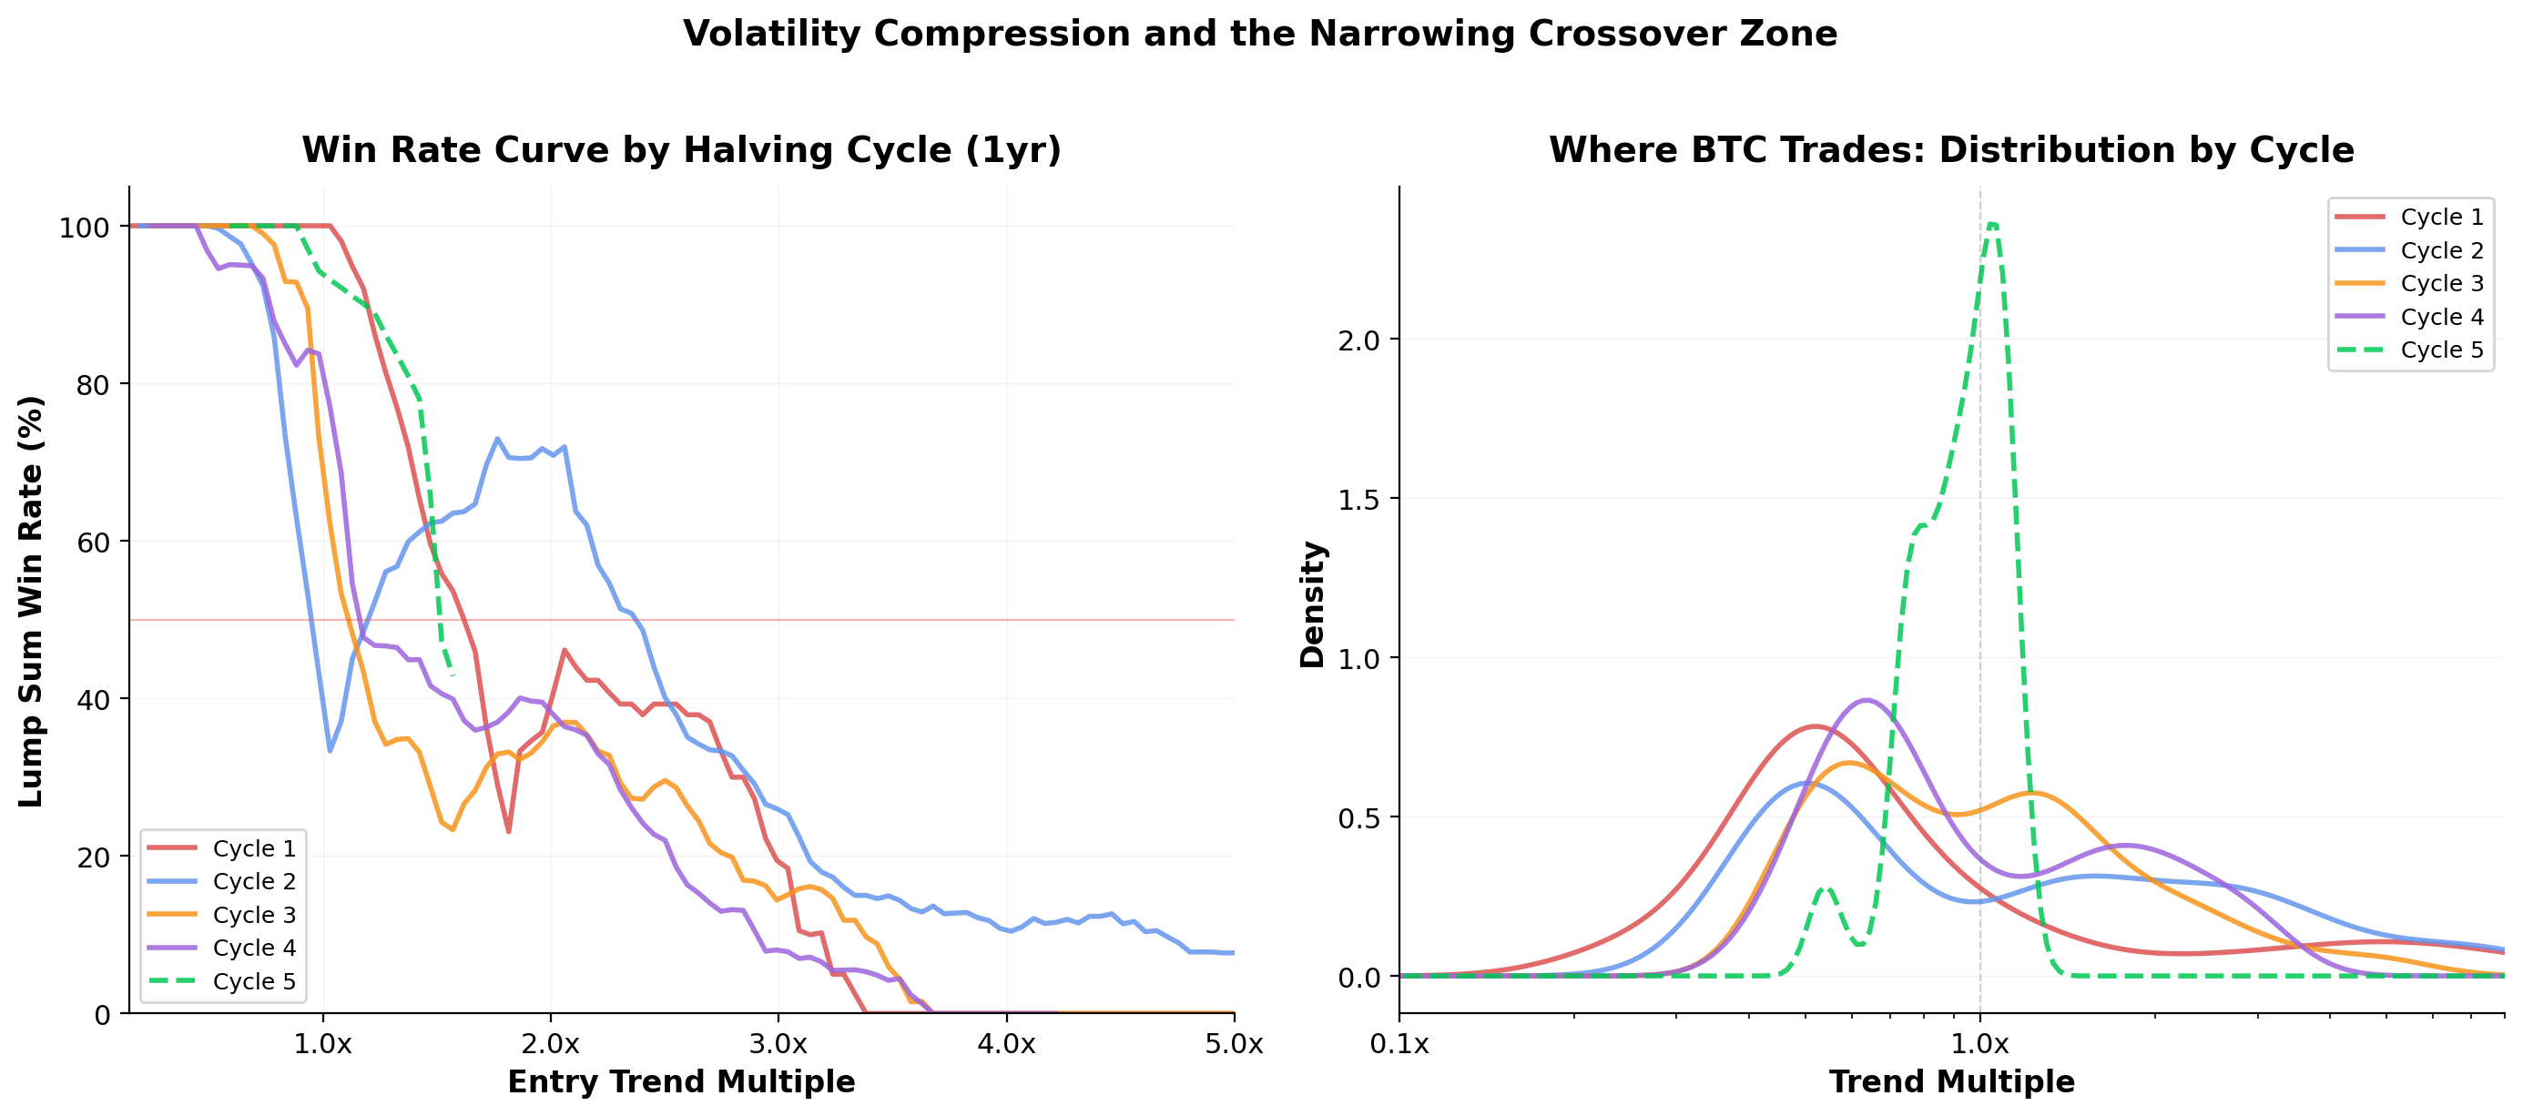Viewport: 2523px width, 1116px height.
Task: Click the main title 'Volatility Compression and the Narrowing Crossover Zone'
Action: pyautogui.click(x=1259, y=35)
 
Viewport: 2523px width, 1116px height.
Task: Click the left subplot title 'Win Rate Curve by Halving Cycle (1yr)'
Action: pyautogui.click(x=681, y=150)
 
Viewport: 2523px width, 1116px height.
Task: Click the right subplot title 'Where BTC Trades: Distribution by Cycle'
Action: pyautogui.click(x=1950, y=150)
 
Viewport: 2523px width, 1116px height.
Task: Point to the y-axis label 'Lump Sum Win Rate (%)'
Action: pyautogui.click(x=30, y=601)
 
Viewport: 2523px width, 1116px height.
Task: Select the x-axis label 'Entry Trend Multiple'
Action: pyautogui.click(x=681, y=1081)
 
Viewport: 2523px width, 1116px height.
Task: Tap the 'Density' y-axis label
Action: pyautogui.click(x=1311, y=604)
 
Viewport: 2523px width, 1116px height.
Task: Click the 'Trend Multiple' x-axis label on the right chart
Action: pyautogui.click(x=1951, y=1081)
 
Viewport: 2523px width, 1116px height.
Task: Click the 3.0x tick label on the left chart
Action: pyautogui.click(x=778, y=1043)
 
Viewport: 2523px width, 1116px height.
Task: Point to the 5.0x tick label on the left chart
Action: pyautogui.click(x=1233, y=1043)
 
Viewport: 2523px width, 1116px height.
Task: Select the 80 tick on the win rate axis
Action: pyautogui.click(x=92, y=386)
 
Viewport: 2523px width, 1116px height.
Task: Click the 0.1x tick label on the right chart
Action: pyautogui.click(x=1399, y=1043)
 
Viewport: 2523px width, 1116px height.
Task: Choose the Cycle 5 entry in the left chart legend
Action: pyautogui.click(x=253, y=981)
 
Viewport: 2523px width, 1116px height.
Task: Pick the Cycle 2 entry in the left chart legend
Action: pyautogui.click(x=253, y=881)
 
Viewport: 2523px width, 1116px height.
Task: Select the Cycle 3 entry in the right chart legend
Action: pyautogui.click(x=2441, y=283)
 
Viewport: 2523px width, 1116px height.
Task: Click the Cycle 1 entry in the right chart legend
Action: pyautogui.click(x=2441, y=217)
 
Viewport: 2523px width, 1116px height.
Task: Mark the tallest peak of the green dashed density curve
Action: pyautogui.click(x=1991, y=224)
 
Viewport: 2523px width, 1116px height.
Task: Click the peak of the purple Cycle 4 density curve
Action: pyautogui.click(x=1867, y=700)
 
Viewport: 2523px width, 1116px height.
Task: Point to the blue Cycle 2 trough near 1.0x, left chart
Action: pyautogui.click(x=331, y=751)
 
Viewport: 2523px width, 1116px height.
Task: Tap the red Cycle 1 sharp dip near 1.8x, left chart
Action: pyautogui.click(x=508, y=831)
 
